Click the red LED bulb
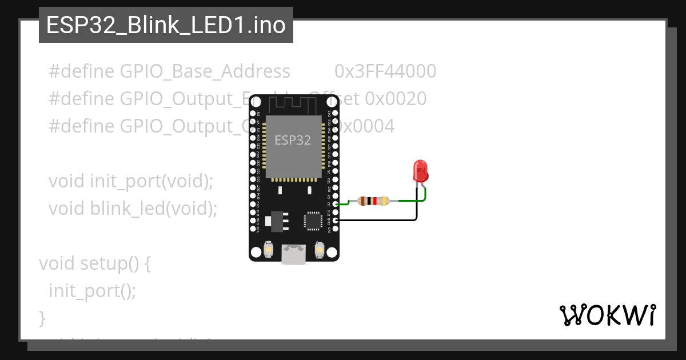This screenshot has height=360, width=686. tap(421, 171)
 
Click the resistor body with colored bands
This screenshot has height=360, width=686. tap(373, 201)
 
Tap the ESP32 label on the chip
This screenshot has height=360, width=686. tap(293, 140)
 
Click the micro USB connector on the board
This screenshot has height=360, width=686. tap(294, 254)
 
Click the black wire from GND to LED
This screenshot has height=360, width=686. tap(377, 219)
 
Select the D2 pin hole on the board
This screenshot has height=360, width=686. tap(336, 203)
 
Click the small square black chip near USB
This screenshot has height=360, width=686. tap(313, 221)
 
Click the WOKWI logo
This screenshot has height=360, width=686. tap(607, 315)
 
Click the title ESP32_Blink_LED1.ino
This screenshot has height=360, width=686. tap(166, 25)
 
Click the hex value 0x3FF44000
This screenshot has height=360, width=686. tap(385, 71)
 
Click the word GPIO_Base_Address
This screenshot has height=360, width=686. tap(205, 71)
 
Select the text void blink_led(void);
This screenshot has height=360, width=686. tap(133, 209)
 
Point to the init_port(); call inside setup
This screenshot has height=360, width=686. tap(92, 291)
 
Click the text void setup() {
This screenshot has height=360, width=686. tap(94, 263)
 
